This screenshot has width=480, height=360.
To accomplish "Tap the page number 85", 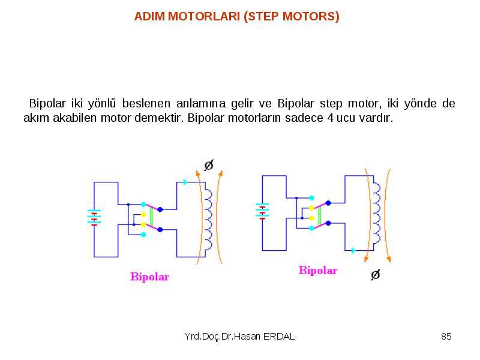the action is tap(446, 337).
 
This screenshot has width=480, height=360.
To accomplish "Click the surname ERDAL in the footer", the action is tap(279, 337).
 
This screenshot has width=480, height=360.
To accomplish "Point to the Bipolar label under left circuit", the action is tap(149, 277).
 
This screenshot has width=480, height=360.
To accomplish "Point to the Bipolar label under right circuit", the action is tap(318, 271).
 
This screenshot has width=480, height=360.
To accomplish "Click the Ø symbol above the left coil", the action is tap(209, 166).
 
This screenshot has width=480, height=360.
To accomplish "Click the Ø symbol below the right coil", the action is tap(376, 275).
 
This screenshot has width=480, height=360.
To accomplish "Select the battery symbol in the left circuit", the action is tap(94, 218).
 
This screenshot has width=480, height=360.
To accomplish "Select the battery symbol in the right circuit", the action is tap(262, 212).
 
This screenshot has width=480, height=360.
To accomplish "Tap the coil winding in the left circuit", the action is tap(209, 220).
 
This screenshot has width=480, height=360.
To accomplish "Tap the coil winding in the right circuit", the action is tap(377, 213).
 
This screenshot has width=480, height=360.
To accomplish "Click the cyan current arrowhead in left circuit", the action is tap(185, 182).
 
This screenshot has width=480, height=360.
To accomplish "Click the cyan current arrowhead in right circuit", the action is tap(353, 250).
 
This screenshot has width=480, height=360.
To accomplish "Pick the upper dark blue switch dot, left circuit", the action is tap(160, 209).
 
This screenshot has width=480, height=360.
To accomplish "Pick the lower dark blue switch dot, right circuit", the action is tap(328, 223).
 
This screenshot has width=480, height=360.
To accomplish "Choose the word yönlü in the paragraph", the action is tap(101, 103).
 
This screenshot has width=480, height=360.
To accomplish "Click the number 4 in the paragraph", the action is tap(331, 118).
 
